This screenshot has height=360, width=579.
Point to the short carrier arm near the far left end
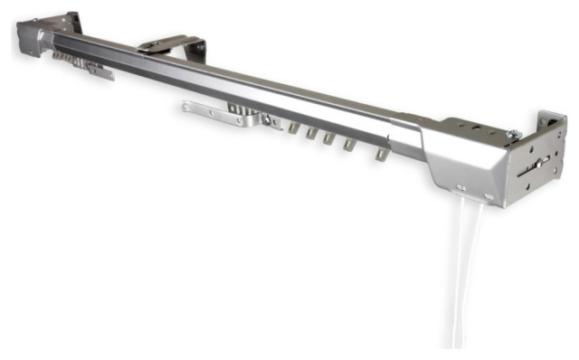coord(86,65)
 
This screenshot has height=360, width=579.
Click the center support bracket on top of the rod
coord(172,45)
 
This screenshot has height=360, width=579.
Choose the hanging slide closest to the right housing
coord(381,155)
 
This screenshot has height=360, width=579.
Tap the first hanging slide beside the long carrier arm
coord(291,129)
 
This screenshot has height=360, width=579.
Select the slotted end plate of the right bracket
coord(539,163)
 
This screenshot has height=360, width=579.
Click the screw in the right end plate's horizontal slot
coord(540,164)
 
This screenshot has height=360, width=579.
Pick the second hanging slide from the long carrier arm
coord(310,135)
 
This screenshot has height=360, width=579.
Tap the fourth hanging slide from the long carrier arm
coord(349,146)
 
